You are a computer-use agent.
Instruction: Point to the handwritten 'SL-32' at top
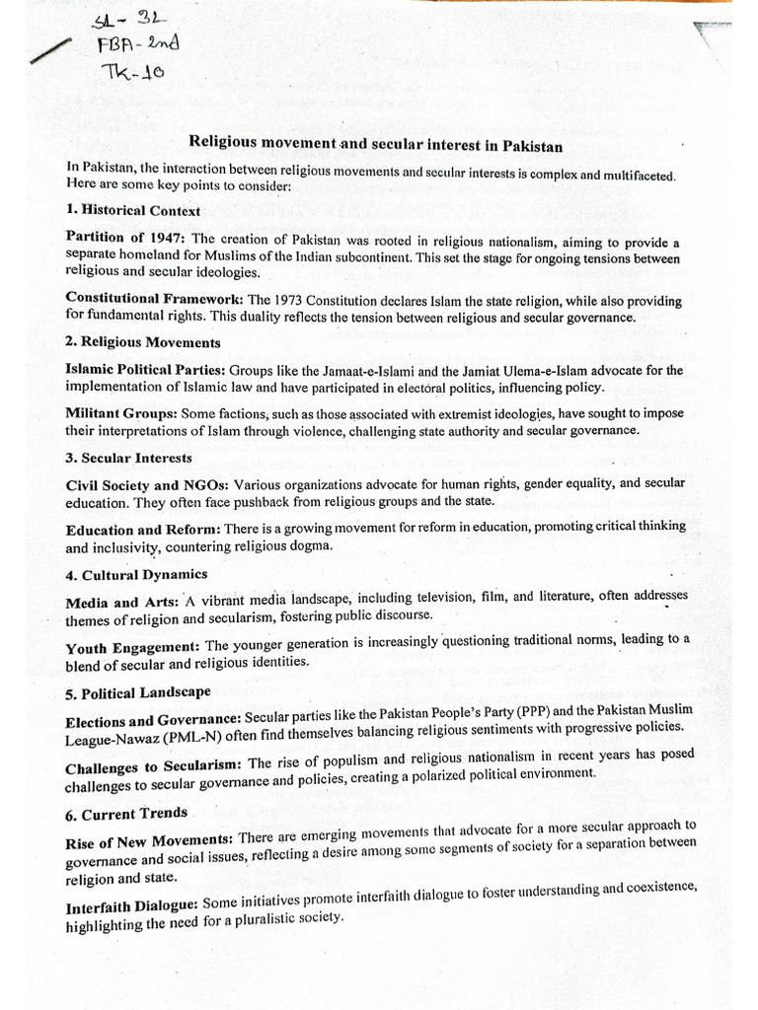tap(116, 22)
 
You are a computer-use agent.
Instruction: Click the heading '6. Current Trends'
tap(126, 814)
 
